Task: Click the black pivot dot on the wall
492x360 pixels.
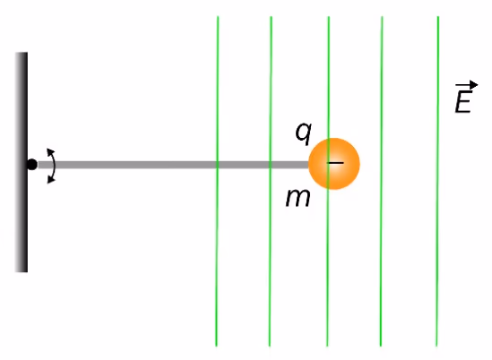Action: click(x=31, y=165)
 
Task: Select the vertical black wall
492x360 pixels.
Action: click(x=22, y=162)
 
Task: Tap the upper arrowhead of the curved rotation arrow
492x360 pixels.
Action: click(x=50, y=151)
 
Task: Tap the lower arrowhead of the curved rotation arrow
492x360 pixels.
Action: click(x=50, y=180)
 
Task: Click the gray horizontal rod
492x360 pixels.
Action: click(x=173, y=165)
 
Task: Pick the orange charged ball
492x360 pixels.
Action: click(x=334, y=164)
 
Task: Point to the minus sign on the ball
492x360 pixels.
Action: click(x=335, y=163)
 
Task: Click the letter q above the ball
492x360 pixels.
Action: click(x=304, y=133)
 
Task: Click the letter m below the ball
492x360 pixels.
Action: click(x=298, y=199)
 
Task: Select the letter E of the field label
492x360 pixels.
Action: click(x=463, y=101)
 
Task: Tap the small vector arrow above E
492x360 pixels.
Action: click(x=467, y=85)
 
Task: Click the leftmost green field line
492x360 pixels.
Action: click(x=217, y=181)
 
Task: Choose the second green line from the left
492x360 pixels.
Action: click(x=270, y=181)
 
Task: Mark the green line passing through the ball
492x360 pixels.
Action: click(x=328, y=181)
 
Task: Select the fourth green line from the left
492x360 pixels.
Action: click(x=381, y=181)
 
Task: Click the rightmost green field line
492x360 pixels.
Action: click(x=437, y=181)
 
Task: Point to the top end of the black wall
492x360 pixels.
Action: click(x=22, y=53)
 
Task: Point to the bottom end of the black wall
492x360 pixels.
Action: click(x=22, y=271)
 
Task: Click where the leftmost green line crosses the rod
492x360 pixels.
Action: click(x=217, y=165)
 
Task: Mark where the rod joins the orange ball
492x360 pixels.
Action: click(x=309, y=165)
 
